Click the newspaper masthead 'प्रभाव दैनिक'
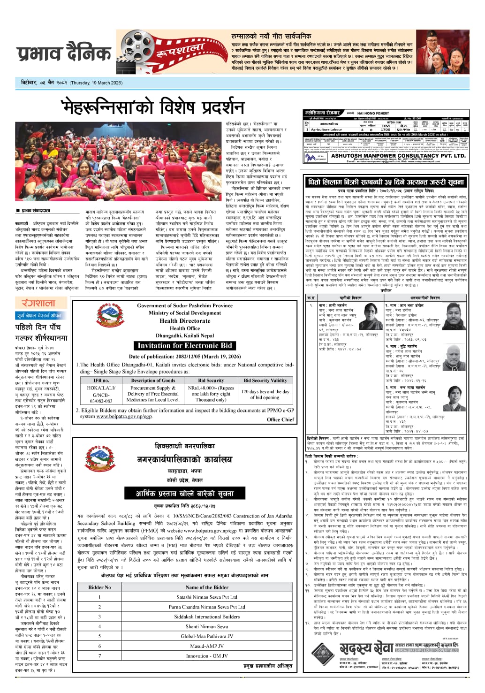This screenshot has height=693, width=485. coord(64,54)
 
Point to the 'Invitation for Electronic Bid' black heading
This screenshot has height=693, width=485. coord(185,346)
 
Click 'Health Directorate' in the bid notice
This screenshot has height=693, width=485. coord(184,321)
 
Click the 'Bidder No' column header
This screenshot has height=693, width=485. coord(99,587)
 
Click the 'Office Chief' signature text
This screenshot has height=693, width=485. coord(280,419)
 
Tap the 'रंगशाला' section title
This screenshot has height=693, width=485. coord(35,303)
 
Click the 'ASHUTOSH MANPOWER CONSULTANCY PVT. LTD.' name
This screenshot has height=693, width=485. coord(398,156)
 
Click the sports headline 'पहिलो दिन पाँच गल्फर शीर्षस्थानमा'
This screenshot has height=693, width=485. coord(41,332)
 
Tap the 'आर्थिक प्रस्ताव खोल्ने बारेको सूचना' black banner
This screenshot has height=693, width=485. coord(185,494)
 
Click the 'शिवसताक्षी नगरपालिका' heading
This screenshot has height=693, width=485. coord(185,446)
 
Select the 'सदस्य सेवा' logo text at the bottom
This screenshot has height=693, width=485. coord(366,648)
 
